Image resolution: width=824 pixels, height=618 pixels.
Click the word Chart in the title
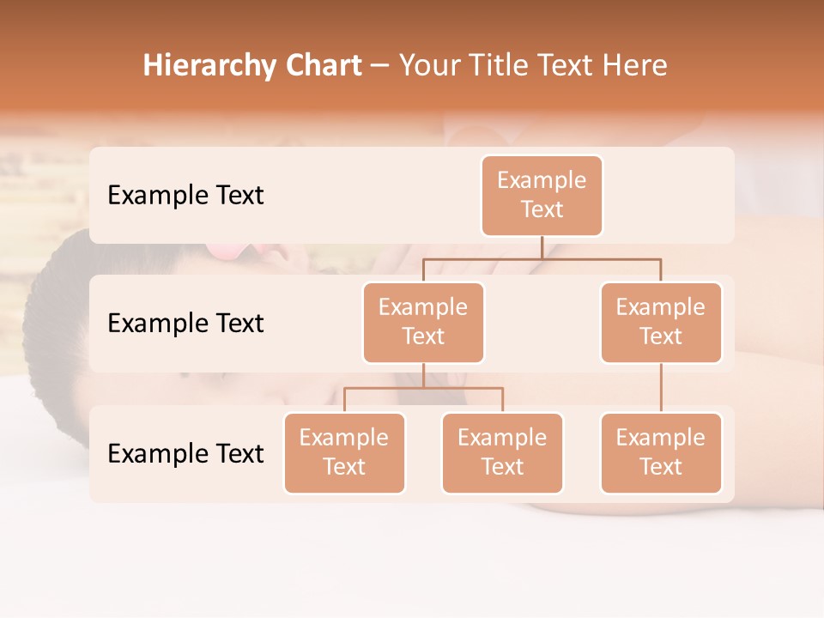click(x=323, y=66)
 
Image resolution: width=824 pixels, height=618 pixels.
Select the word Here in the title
click(x=634, y=66)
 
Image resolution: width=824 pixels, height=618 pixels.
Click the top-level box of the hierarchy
click(x=542, y=195)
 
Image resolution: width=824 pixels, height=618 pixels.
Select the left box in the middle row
click(x=423, y=322)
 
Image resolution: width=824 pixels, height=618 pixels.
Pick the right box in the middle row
click(x=661, y=322)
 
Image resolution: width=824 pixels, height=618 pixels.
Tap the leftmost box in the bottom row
click(x=344, y=452)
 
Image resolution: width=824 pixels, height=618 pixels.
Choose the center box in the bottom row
click(x=502, y=452)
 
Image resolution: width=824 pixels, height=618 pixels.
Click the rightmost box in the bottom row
click(x=661, y=452)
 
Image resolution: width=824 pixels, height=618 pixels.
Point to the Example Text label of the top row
click(x=185, y=196)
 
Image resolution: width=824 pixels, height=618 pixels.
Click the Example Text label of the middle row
click(x=185, y=324)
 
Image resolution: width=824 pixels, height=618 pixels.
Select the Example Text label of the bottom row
click(x=185, y=453)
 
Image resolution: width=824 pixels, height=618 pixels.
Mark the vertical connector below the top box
click(x=542, y=247)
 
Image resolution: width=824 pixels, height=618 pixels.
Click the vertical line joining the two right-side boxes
click(x=661, y=388)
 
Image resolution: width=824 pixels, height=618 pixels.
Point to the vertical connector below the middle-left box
click(x=423, y=376)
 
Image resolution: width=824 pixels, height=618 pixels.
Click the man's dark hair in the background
click(x=47, y=326)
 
